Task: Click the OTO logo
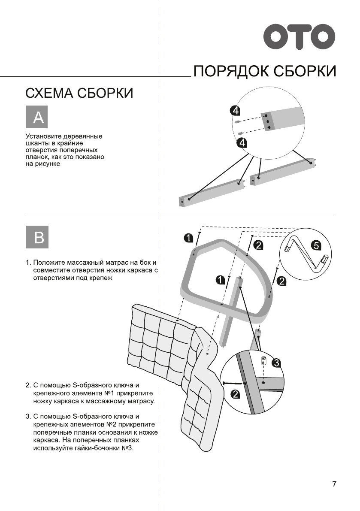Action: pos(299,37)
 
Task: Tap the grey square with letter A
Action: pos(37,117)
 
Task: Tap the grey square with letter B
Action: pos(37,236)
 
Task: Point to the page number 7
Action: pos(334,484)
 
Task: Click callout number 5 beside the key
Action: pos(315,246)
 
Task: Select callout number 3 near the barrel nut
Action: pos(276,363)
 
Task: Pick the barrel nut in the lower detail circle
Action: pos(263,360)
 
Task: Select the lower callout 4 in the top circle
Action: pos(242,143)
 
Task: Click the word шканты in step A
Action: pos(38,143)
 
